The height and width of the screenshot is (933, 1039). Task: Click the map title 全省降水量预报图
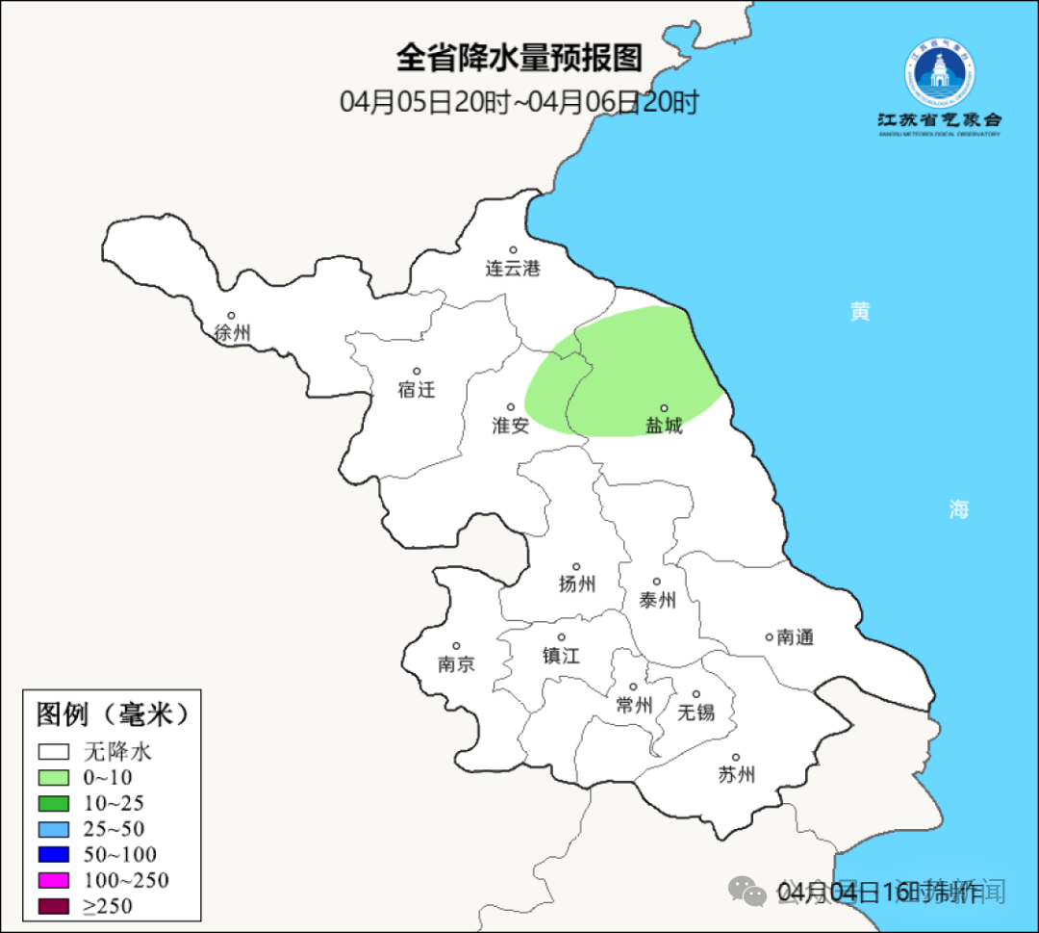coord(519,58)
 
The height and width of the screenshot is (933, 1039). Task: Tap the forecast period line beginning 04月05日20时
coord(519,101)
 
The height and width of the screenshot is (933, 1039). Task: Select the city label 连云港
coord(512,269)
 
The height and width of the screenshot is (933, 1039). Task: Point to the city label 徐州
coord(232,333)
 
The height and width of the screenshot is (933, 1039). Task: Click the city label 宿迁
coord(416,389)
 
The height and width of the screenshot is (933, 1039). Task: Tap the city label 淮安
coord(510,426)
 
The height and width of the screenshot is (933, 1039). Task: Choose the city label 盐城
coord(663,426)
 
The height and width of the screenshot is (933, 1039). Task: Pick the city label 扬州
coord(576,583)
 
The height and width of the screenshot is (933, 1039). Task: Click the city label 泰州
coord(657,600)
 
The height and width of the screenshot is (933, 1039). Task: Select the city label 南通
coord(795,636)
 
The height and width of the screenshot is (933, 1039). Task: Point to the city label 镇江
coord(561,655)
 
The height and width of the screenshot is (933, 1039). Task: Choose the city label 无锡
coord(696,712)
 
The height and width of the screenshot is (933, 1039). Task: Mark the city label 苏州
coord(736,774)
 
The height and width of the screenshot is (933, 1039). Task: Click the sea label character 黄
coord(860,311)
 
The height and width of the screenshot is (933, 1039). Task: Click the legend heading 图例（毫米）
coord(111,714)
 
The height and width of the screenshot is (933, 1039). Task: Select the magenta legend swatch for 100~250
coord(54,880)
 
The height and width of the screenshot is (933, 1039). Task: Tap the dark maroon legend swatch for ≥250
coord(54,906)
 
